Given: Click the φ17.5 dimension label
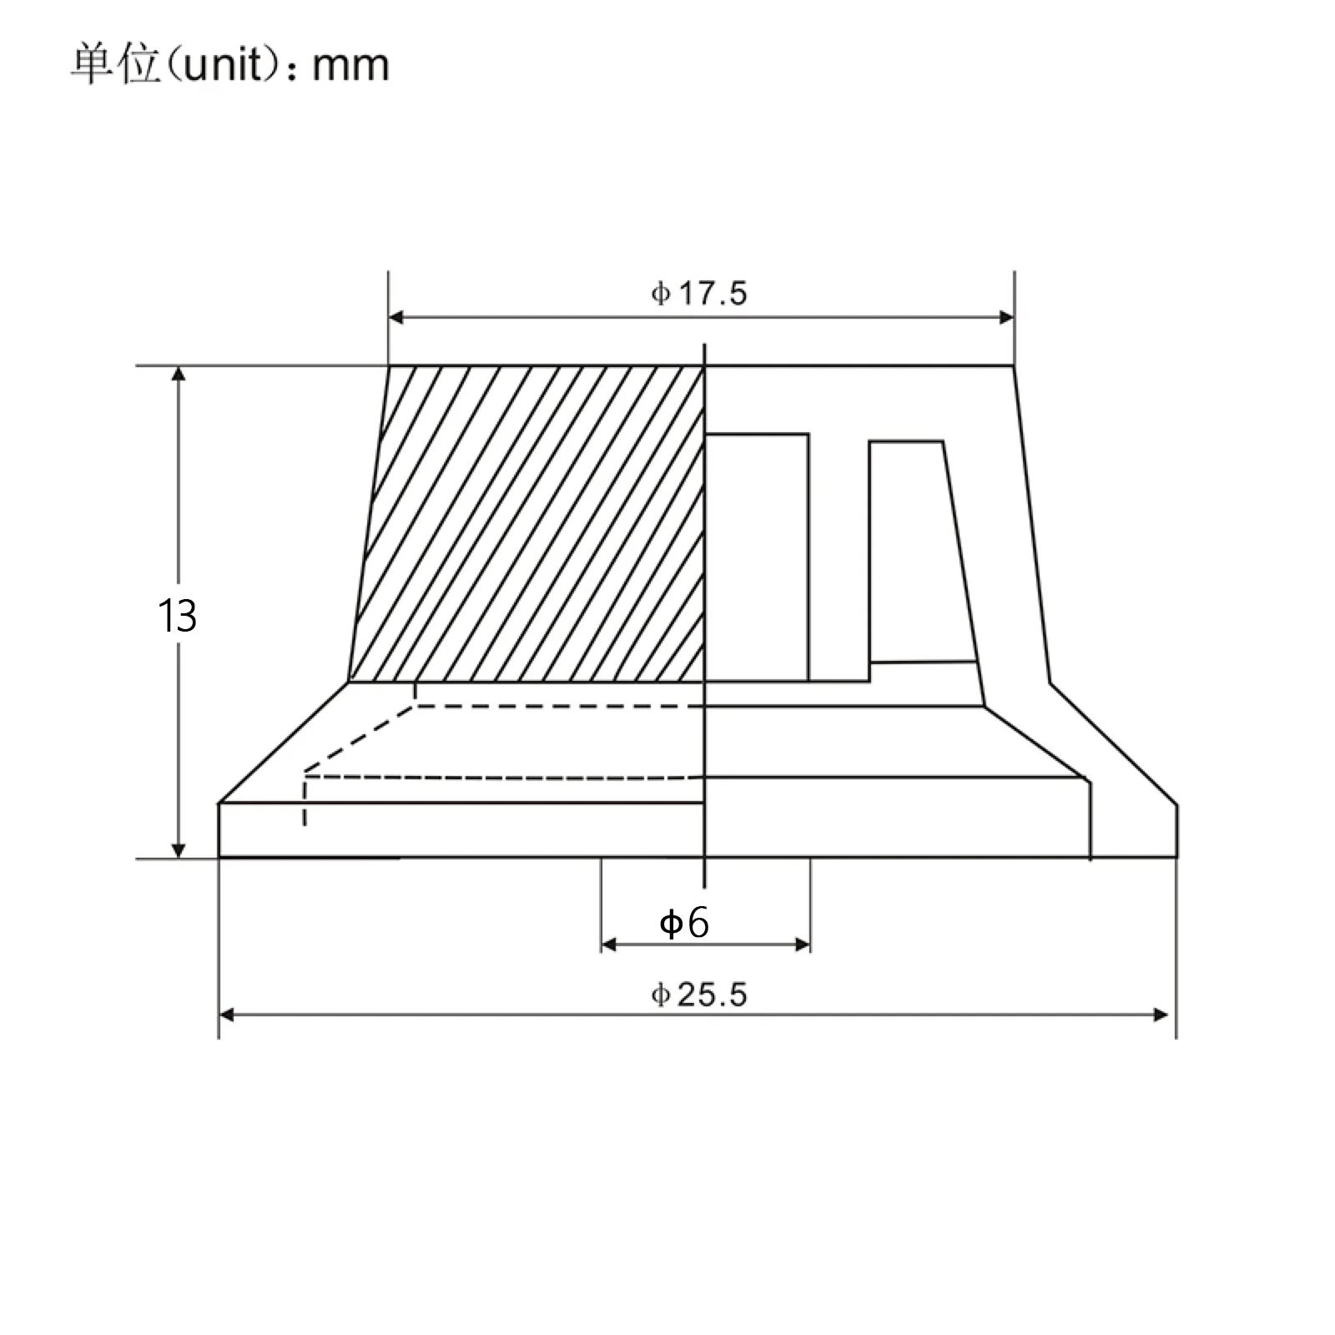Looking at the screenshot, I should pyautogui.click(x=699, y=294).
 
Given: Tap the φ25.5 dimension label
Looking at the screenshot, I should pyautogui.click(x=699, y=995).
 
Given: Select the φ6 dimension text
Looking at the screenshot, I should pyautogui.click(x=684, y=923).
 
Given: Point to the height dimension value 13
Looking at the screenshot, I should pyautogui.click(x=177, y=617).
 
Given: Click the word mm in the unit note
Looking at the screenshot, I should pyautogui.click(x=350, y=66).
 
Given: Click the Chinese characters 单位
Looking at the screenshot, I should pyautogui.click(x=114, y=64).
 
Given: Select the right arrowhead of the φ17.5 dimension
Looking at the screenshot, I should pyautogui.click(x=1006, y=317).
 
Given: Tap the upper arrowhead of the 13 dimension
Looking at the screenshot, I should pyautogui.click(x=178, y=375).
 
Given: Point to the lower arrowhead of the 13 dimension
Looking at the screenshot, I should pyautogui.click(x=178, y=849).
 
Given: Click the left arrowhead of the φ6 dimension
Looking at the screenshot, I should pyautogui.click(x=609, y=945).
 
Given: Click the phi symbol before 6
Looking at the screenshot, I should pyautogui.click(x=670, y=924).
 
